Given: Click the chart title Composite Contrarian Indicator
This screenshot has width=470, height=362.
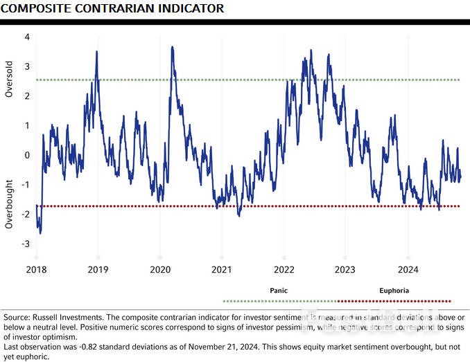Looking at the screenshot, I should click(x=113, y=8).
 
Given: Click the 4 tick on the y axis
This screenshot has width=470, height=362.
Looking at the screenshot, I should click(x=26, y=37).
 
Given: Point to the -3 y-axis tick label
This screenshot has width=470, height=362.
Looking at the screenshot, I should click(x=25, y=244).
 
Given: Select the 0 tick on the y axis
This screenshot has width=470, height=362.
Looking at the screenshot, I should click(x=26, y=155).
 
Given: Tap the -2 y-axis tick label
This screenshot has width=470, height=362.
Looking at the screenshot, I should click(x=25, y=215).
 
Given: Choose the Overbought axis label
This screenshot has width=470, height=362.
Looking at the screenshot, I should click(x=9, y=204).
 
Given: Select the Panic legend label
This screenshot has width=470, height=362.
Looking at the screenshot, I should click(x=279, y=291).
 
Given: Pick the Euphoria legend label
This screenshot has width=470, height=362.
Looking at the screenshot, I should click(x=394, y=291).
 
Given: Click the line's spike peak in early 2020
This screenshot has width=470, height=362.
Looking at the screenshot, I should click(x=172, y=66).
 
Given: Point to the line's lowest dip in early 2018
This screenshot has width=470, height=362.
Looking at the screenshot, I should click(x=40, y=233).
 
